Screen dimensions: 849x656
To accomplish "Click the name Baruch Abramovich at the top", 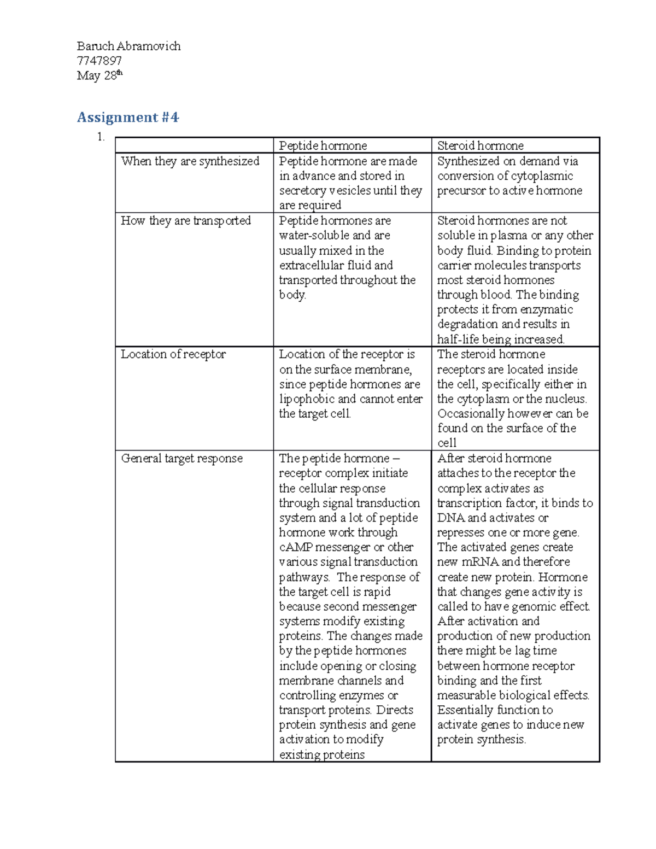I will (x=128, y=46).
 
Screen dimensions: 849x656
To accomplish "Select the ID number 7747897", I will (x=99, y=61).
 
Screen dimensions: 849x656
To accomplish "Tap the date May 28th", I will (x=99, y=75).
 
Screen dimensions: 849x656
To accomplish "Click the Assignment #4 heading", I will (x=127, y=118).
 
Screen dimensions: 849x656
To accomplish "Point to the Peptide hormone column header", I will (x=323, y=146).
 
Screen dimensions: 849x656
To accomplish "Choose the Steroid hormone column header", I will (x=480, y=146).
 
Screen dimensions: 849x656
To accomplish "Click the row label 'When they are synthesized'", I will (x=190, y=161).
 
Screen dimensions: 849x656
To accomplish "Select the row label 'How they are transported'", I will (x=185, y=221).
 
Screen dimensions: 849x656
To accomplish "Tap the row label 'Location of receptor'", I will (x=173, y=354).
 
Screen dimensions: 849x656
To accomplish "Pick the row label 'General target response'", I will (x=181, y=459).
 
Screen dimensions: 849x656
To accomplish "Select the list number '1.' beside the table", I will (x=101, y=137).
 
